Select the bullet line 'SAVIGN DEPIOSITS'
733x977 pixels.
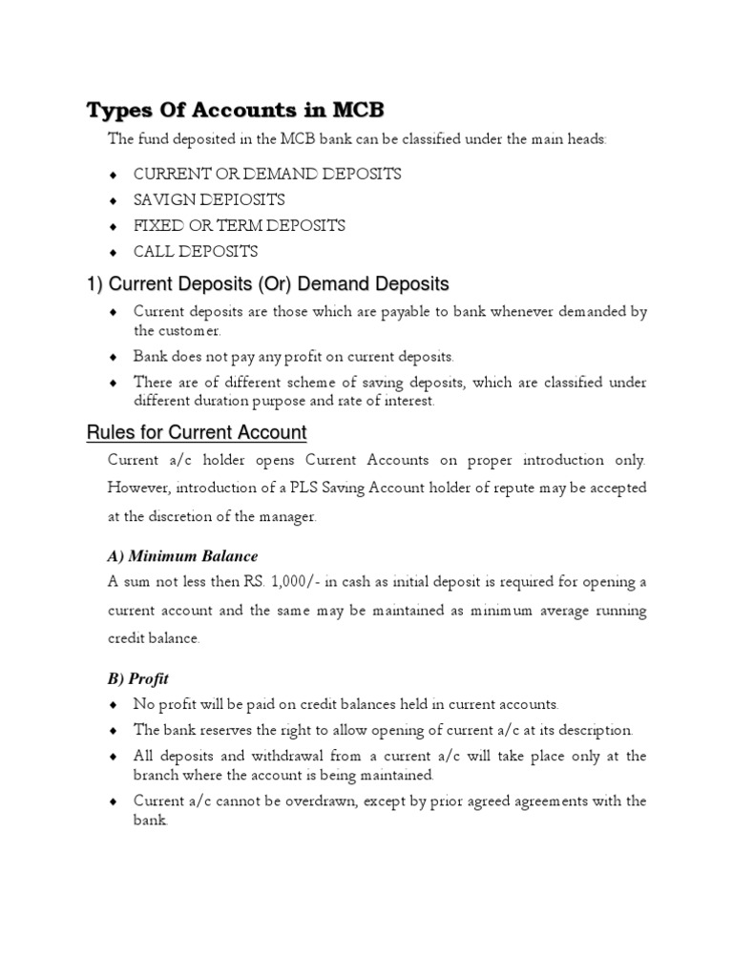209,199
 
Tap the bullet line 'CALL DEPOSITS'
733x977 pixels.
196,252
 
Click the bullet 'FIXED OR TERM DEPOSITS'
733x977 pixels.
239,226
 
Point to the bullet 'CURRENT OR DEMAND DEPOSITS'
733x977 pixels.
267,174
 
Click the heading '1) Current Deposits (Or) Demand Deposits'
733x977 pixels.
267,283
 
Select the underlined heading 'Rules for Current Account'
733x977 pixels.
197,433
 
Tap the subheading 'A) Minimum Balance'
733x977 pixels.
182,555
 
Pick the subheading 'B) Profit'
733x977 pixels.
137,678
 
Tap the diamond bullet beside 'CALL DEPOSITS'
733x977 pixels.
115,253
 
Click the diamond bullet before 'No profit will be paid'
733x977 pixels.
115,705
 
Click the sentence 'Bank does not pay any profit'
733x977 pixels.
294,356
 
